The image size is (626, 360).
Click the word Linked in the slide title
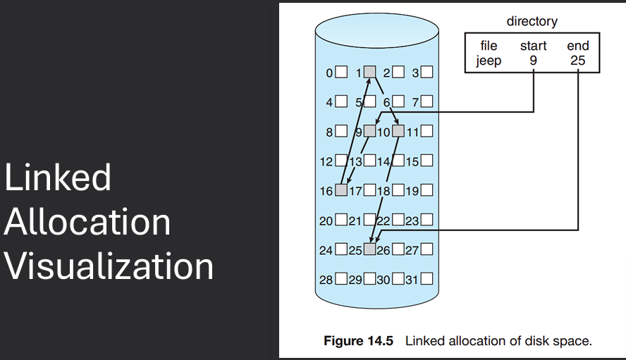pyautogui.click(x=58, y=178)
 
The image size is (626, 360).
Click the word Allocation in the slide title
pyautogui.click(x=87, y=222)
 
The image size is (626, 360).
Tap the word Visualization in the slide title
pyautogui.click(x=109, y=267)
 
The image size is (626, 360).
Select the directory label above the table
pyautogui.click(x=532, y=21)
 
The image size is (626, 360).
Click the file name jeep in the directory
pyautogui.click(x=489, y=61)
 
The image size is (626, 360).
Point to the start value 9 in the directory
pyautogui.click(x=533, y=61)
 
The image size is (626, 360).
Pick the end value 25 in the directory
pyautogui.click(x=578, y=61)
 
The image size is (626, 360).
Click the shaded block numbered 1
pyautogui.click(x=370, y=71)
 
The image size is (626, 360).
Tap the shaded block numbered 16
pyautogui.click(x=342, y=190)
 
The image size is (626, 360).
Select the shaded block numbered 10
pyautogui.click(x=398, y=130)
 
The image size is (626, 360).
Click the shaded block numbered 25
pyautogui.click(x=370, y=249)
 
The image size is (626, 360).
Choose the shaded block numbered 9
pyautogui.click(x=370, y=130)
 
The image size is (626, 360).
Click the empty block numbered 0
pyautogui.click(x=342, y=71)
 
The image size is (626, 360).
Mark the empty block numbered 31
pyautogui.click(x=426, y=279)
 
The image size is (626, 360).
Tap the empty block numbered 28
pyautogui.click(x=342, y=279)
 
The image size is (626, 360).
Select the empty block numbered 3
pyautogui.click(x=426, y=71)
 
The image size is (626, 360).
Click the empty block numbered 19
pyautogui.click(x=426, y=190)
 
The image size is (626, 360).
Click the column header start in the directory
pyautogui.click(x=533, y=46)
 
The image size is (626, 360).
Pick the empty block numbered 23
pyautogui.click(x=426, y=220)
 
